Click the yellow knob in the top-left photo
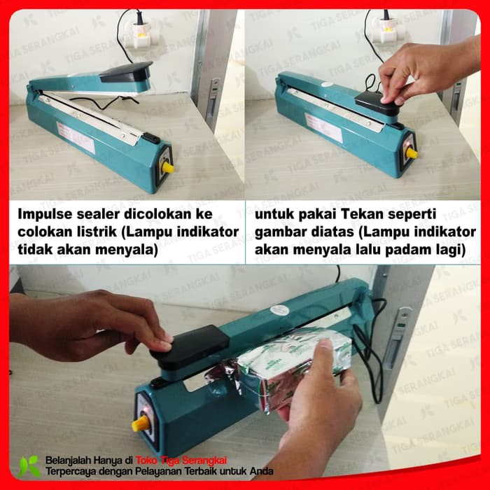[168, 168]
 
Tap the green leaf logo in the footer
[29, 465]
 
